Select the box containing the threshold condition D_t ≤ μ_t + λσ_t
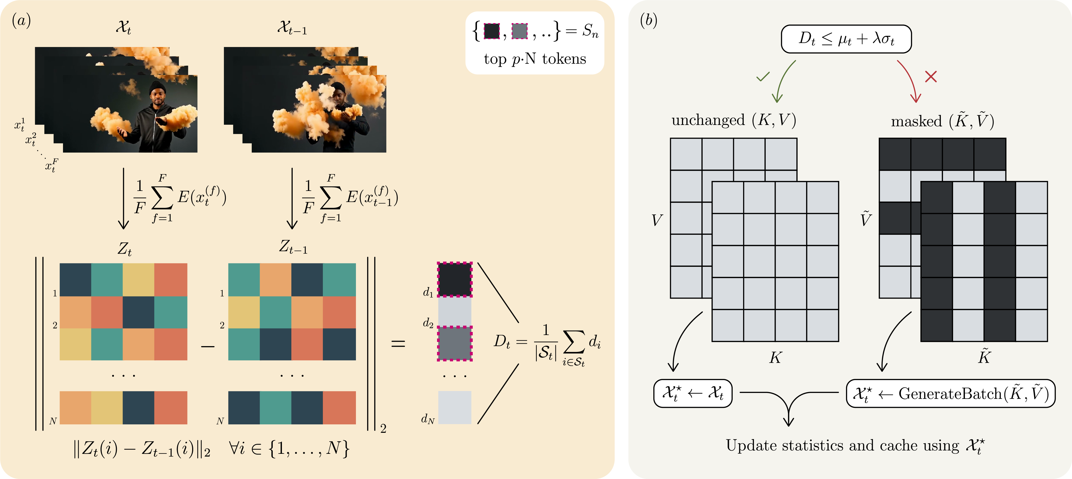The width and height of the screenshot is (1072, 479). pos(846,39)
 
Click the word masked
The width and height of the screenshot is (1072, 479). pos(916,121)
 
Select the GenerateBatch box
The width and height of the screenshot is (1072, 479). pos(950,393)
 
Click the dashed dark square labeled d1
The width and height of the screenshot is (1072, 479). pos(454,279)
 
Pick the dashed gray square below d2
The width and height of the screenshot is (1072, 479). pos(454,344)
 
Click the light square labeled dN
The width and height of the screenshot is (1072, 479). pos(454,407)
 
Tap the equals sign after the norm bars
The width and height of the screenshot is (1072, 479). pos(398,344)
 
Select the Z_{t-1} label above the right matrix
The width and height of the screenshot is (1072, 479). pos(293,247)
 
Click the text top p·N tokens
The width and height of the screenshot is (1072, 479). pos(535,59)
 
